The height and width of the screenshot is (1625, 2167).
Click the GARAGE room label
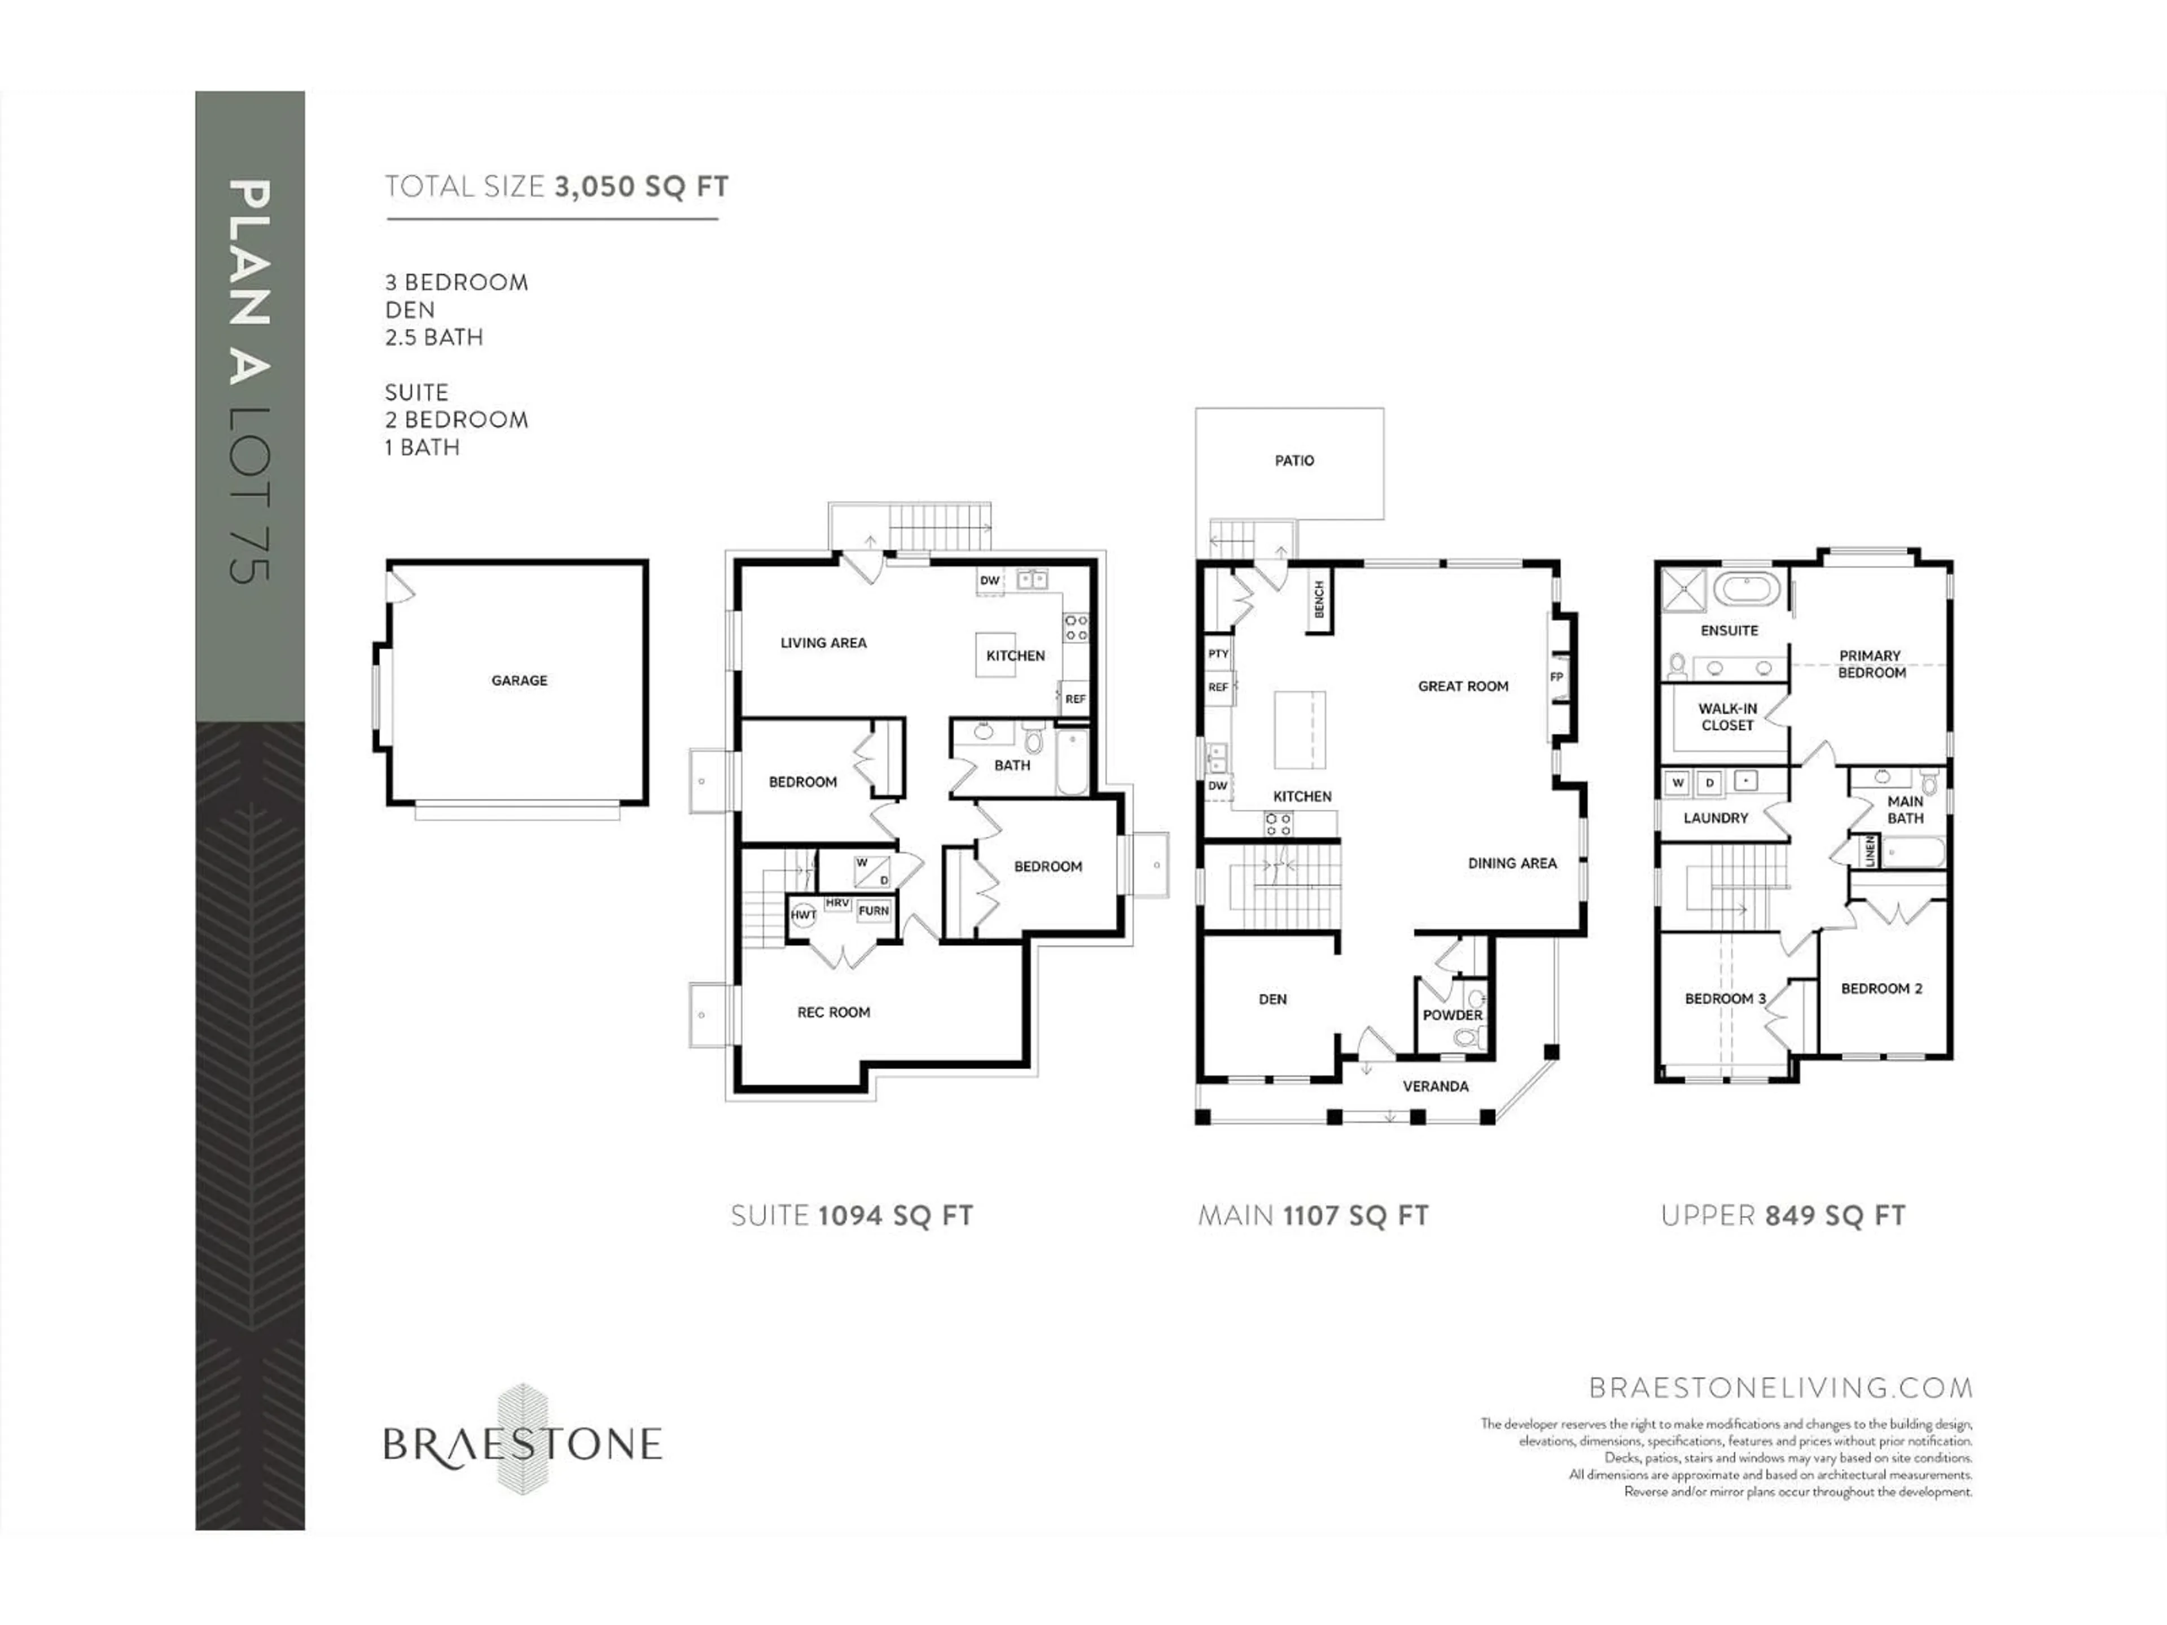(x=519, y=680)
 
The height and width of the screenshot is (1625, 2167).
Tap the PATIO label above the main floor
(x=1294, y=460)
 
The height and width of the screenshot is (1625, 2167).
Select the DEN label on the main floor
(x=1273, y=999)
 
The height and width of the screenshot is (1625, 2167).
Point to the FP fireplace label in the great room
(x=1556, y=677)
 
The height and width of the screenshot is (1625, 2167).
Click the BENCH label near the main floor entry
(x=1319, y=599)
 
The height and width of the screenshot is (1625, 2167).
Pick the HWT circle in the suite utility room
(x=804, y=915)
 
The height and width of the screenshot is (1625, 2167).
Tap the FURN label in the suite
(x=873, y=911)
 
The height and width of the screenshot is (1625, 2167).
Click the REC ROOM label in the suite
(x=834, y=1012)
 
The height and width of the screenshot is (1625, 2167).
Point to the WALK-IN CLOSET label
(x=1727, y=717)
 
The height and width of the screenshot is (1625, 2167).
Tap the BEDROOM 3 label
(x=1725, y=999)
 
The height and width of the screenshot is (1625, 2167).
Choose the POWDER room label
(x=1453, y=1014)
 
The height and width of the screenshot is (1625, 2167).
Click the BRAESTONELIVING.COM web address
(x=1780, y=1388)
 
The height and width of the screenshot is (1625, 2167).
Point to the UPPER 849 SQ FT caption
(x=1783, y=1215)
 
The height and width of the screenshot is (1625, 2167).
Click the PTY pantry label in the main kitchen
(x=1218, y=653)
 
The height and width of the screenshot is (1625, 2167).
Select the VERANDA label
(x=1435, y=1086)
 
